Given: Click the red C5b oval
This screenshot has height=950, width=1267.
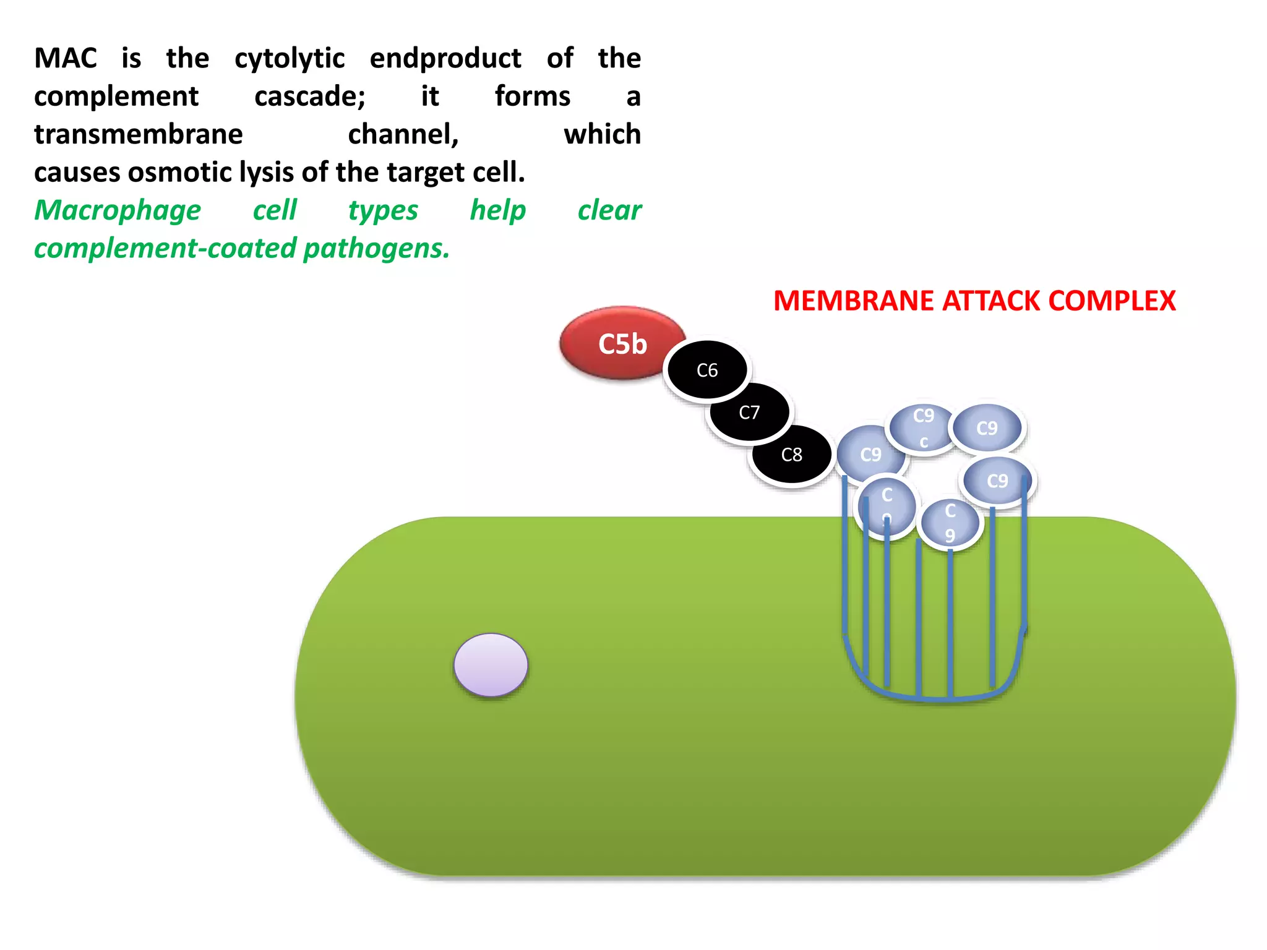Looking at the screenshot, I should click(621, 343).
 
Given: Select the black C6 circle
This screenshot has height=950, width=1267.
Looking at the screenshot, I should click(707, 370).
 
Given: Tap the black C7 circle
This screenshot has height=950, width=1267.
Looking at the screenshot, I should click(749, 413).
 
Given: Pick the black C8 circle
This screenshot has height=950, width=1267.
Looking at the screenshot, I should click(791, 455).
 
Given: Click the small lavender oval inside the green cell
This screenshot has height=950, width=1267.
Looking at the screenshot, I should click(491, 665).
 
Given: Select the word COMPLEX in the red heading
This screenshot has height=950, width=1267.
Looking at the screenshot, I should click(1112, 301).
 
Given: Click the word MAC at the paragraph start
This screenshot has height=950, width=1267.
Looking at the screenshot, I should click(66, 58).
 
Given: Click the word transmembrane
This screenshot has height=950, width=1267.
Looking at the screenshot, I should click(139, 134).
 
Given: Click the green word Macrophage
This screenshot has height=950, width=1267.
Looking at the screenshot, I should click(118, 211).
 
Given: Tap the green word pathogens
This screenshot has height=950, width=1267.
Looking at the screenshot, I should click(376, 249).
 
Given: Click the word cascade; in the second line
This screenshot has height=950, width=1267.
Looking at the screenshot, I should click(310, 97).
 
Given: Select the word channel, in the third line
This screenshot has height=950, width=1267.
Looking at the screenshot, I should click(403, 134).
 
